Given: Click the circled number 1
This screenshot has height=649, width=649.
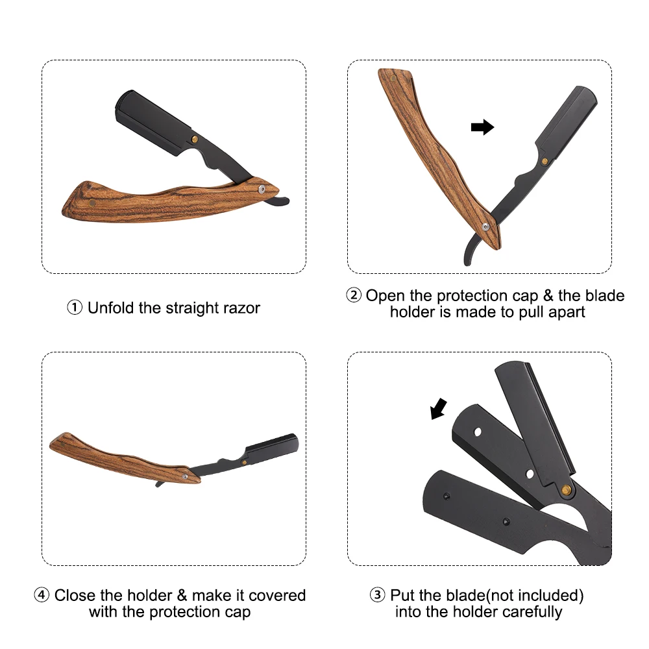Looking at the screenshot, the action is click(x=75, y=308).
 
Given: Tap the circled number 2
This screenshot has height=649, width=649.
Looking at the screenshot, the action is click(x=354, y=295).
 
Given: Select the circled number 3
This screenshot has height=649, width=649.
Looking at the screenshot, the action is click(x=378, y=595).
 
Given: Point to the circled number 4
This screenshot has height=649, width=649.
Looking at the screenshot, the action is click(x=42, y=595).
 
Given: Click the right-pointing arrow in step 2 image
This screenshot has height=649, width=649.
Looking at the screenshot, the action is click(x=483, y=127).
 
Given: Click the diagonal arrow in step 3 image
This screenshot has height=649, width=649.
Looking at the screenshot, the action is click(x=439, y=409).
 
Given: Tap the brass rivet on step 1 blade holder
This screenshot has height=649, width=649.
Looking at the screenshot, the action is click(x=195, y=139).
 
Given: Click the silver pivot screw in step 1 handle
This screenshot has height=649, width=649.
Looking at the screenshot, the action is click(x=262, y=189).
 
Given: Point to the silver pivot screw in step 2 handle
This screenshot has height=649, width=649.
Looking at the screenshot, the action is click(x=485, y=227).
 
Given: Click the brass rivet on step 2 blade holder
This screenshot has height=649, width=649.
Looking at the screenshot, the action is click(x=545, y=162).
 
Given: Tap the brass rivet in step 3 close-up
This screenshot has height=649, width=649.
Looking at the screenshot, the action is click(x=566, y=490).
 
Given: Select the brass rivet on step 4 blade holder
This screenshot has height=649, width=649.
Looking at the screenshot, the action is click(x=244, y=462).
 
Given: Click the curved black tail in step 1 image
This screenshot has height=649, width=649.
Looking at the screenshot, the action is click(x=277, y=202).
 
